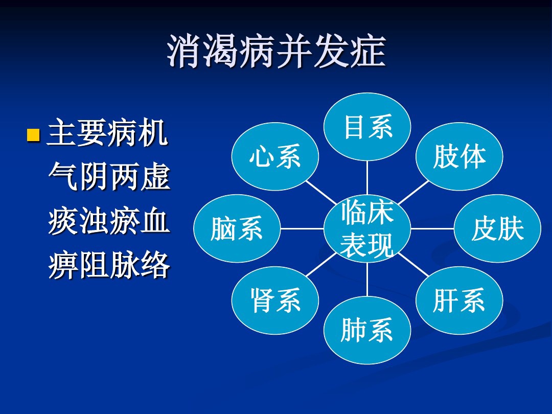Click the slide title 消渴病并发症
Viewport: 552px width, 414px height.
coord(277,52)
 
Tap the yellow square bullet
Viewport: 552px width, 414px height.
coord(33,135)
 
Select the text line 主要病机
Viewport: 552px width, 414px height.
coord(107,133)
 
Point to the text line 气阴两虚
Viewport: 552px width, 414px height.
coord(109,177)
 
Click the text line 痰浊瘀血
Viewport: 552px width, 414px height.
coord(109,221)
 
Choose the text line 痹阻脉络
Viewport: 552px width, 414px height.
coord(109,265)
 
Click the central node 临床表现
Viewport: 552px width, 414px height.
coord(367,228)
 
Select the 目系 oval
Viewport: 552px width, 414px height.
coord(367,127)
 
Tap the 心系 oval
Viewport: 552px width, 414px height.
coord(275,157)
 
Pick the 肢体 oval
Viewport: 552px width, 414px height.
coord(459,157)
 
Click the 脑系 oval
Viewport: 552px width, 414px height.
coord(237,228)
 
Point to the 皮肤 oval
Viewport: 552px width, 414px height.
coord(497,228)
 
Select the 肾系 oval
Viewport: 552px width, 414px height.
coord(275,301)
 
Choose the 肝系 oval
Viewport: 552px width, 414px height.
coord(459,301)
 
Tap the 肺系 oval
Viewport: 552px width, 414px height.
coord(367,330)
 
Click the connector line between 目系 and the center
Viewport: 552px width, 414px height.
coord(367,178)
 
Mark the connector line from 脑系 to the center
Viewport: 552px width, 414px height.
coord(302,228)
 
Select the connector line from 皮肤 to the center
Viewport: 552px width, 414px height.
coord(432,228)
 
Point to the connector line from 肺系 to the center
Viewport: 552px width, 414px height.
coord(367,279)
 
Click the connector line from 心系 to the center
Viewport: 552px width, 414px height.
coord(321,193)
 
